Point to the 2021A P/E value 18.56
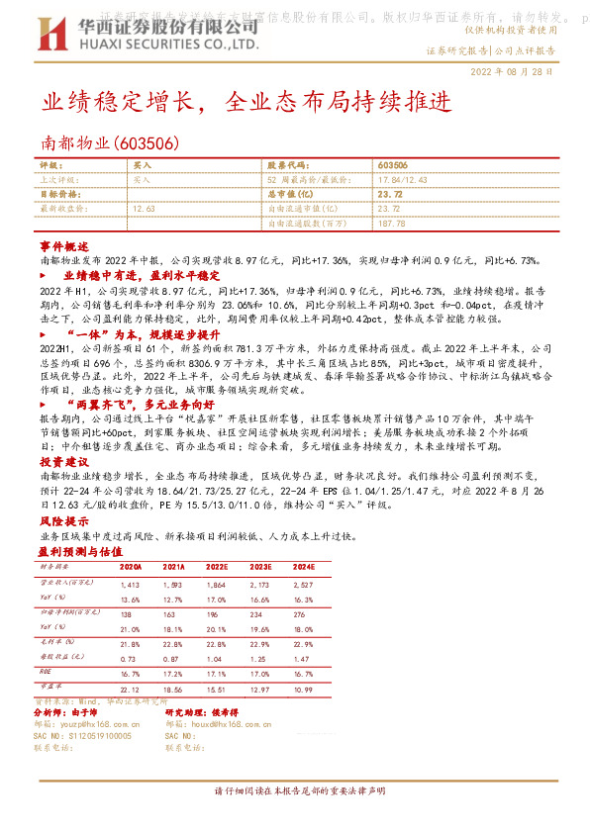pos(174,688)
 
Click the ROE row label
pos(46,671)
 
